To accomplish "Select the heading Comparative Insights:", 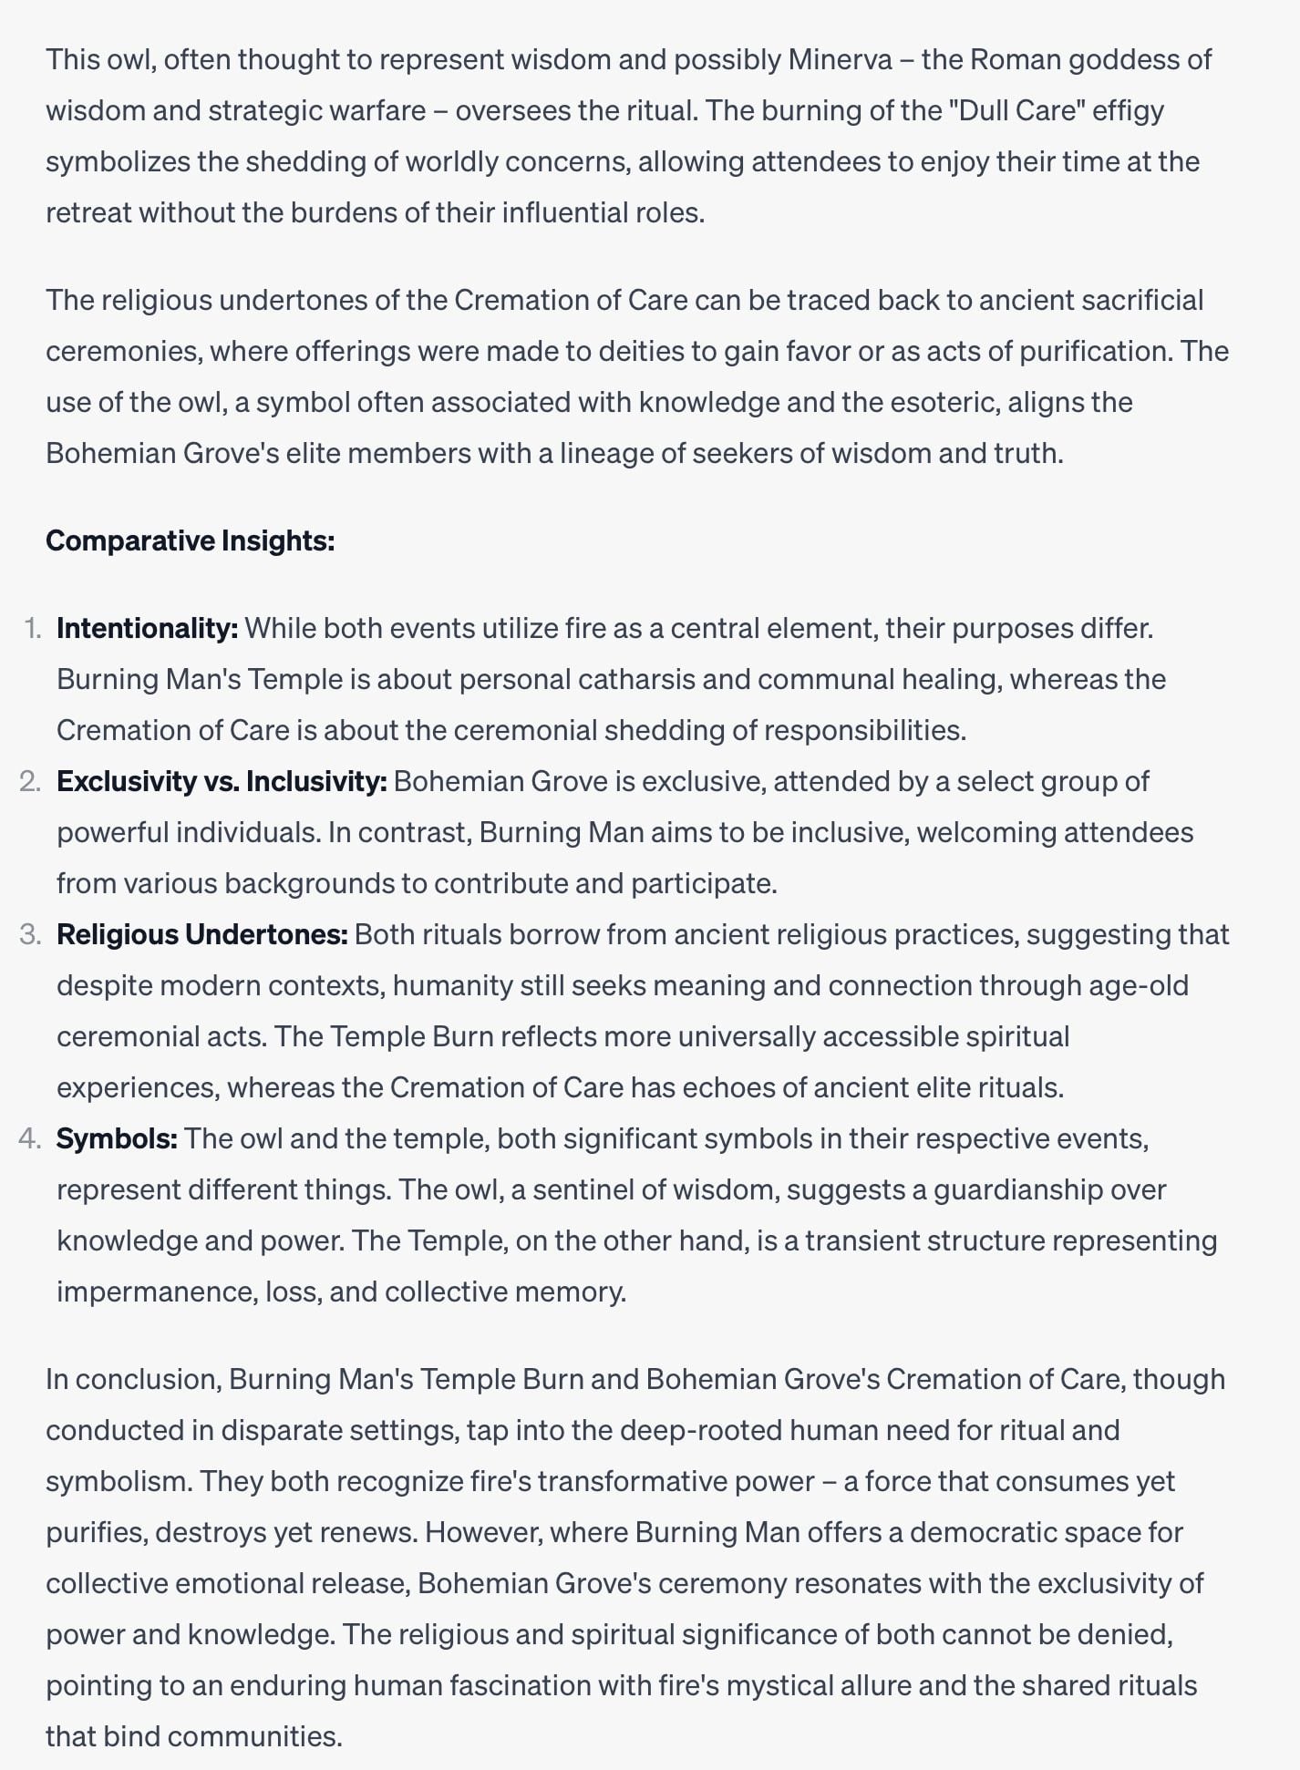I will [190, 541].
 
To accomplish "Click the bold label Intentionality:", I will [147, 629].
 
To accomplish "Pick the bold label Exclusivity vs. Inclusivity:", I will [222, 782].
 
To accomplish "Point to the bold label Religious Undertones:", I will [201, 935].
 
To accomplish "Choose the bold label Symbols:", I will [117, 1139].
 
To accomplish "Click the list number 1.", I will [33, 629].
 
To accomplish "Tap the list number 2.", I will [30, 782].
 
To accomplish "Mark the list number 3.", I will [30, 935].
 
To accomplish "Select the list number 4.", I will [30, 1139].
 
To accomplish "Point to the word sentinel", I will [590, 1190].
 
